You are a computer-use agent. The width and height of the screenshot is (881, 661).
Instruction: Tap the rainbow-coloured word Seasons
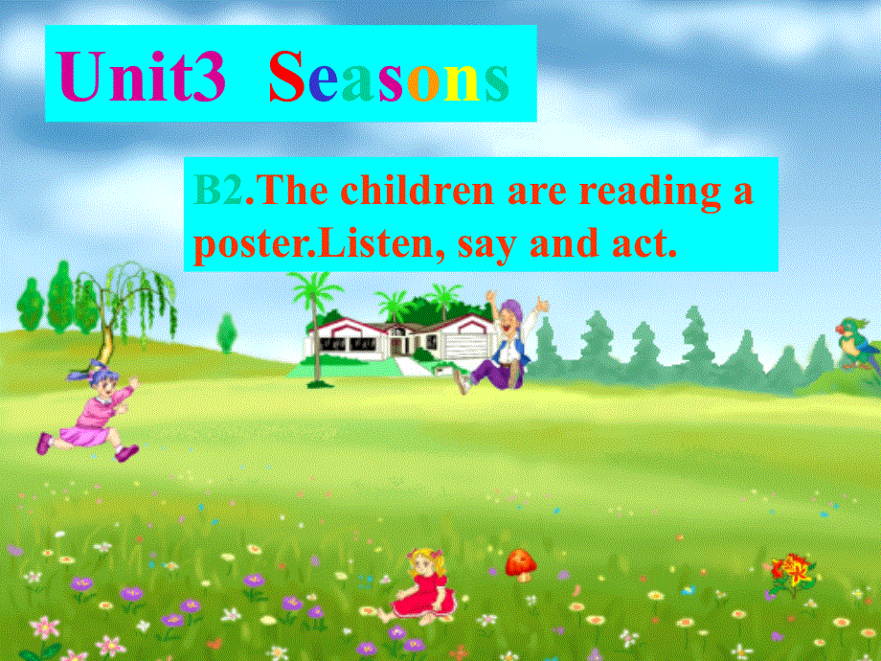[x=388, y=80]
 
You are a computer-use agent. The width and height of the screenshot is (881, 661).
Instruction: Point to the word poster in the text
[x=238, y=244]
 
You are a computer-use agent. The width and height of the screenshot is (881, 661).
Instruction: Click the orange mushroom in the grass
[x=520, y=563]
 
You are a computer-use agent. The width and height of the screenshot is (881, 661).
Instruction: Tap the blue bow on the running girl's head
[x=96, y=368]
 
